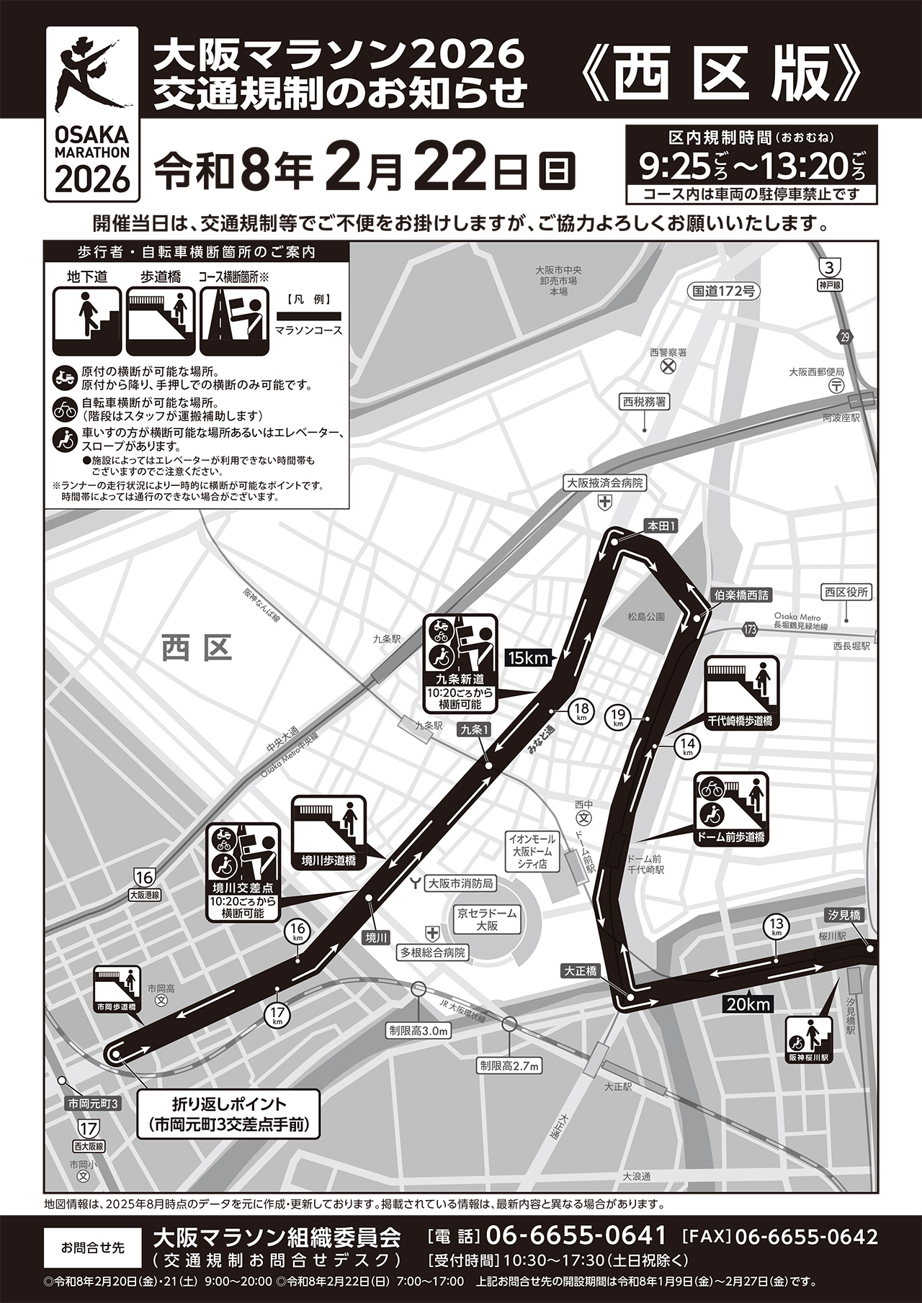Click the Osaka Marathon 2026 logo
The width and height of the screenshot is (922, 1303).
point(91,114)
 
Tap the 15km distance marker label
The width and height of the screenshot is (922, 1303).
point(529,657)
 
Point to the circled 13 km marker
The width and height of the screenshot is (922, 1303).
point(776,927)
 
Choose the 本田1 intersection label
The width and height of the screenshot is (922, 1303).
point(661,526)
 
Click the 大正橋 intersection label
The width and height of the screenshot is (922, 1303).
point(581,971)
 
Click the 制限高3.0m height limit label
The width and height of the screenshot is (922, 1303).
point(419,1031)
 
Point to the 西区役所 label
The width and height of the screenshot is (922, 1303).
point(846,592)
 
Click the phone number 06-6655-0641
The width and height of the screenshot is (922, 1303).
point(576,1236)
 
